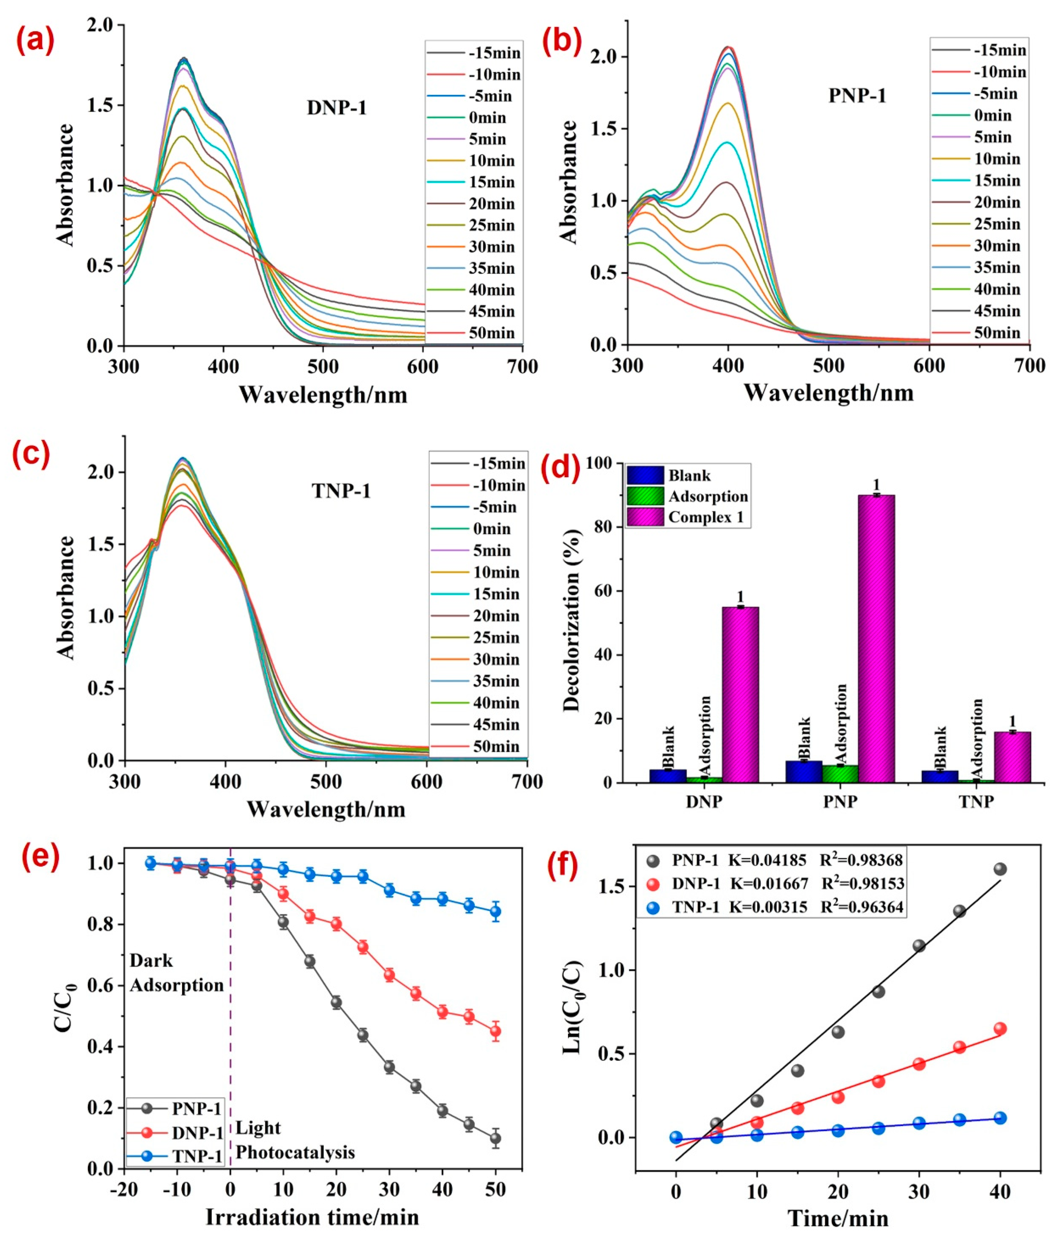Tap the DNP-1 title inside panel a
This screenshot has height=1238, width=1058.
tap(336, 108)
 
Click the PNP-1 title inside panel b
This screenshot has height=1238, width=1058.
tap(857, 96)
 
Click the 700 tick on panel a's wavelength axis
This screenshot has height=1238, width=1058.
tap(522, 366)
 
